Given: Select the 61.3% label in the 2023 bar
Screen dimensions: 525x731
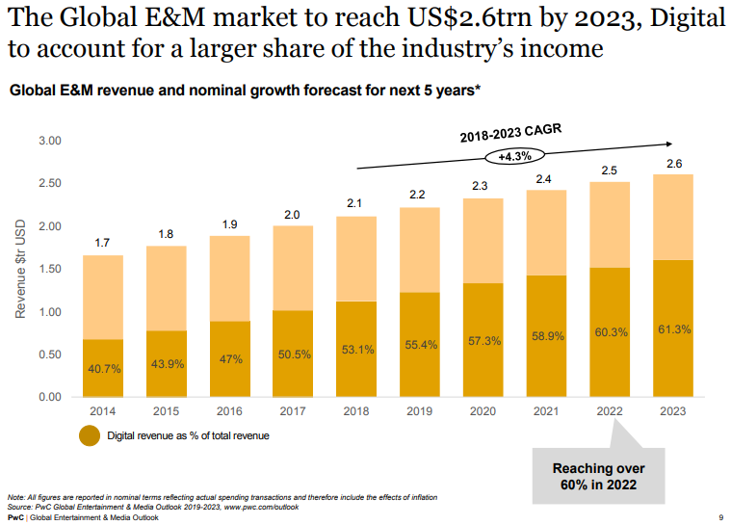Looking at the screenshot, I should point(674,329).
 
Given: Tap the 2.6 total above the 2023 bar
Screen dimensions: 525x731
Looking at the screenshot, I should point(674,163).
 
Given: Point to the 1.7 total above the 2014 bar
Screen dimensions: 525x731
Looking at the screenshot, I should point(101,244).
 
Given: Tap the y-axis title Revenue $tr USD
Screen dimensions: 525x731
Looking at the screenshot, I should point(20,269).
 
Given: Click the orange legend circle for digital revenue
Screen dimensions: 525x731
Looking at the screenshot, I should point(90,435).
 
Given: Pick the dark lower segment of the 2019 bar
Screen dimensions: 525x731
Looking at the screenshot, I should point(419,345).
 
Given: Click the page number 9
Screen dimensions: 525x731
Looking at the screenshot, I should point(721,517).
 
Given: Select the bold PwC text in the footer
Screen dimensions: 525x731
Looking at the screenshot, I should point(15,517).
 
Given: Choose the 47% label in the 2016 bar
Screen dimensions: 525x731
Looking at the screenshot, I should point(228,358).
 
